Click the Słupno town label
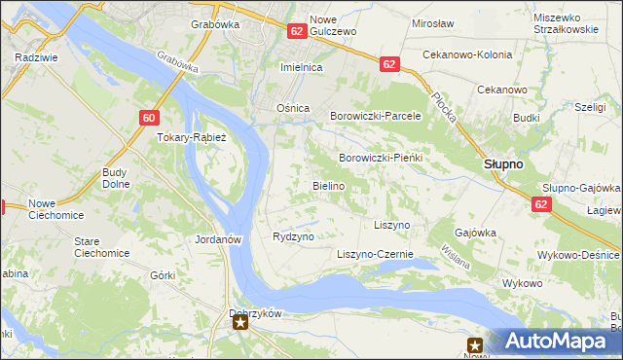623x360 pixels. point(503,164)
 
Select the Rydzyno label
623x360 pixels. point(293,236)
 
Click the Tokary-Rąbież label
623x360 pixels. point(192,137)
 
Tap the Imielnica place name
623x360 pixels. point(301,67)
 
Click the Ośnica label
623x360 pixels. point(293,108)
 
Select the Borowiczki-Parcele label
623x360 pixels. point(375,115)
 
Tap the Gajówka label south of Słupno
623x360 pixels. point(476,234)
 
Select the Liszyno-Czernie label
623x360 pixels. point(375,254)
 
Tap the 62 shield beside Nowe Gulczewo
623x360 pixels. point(298,32)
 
